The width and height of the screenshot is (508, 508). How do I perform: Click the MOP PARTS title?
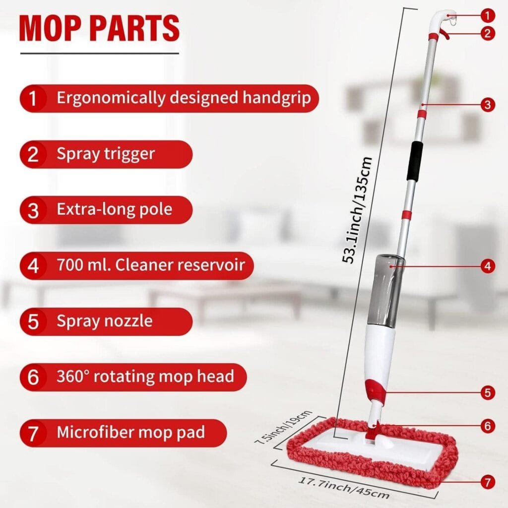99,28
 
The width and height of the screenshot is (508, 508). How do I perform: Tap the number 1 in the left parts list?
33,98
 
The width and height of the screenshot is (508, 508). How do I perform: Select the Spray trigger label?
106,154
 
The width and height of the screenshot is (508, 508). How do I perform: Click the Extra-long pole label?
114,209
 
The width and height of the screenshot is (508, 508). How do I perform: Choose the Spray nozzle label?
105,321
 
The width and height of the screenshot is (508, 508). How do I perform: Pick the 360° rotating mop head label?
145,377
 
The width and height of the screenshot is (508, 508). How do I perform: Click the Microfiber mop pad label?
130,432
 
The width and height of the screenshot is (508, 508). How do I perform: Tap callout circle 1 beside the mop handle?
488,15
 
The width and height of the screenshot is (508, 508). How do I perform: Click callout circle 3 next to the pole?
488,104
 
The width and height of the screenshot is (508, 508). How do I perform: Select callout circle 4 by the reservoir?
488,266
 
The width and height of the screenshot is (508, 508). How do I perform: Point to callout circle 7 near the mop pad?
488,481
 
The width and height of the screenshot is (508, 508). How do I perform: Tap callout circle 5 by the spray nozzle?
488,393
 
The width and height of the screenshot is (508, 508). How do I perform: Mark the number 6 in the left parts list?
33,377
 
